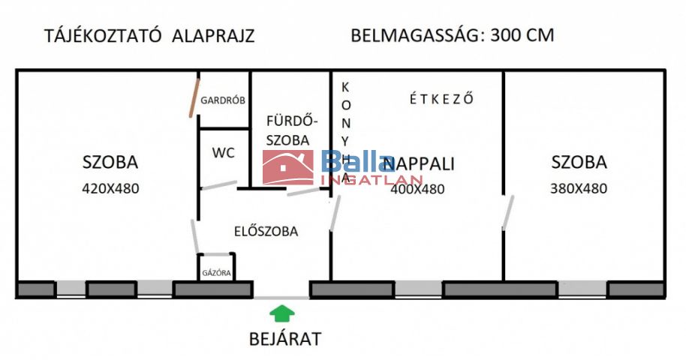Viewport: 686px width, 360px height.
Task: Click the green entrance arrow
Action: pos(281,313)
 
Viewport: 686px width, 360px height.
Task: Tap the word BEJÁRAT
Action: pos(284,339)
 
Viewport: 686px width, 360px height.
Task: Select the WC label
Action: pos(223,153)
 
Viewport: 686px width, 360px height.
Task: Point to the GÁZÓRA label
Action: pos(216,273)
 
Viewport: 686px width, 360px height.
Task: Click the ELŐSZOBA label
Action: pos(265,231)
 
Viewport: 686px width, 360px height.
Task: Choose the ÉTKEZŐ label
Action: pos(444,98)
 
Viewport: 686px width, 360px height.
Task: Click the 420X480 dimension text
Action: pos(110,189)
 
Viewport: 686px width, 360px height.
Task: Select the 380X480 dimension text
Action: pos(579,189)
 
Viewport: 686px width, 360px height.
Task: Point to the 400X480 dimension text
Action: pos(417,190)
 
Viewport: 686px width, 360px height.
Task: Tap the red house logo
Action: pos(287,167)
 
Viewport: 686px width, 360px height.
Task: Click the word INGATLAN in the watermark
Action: pos(372,181)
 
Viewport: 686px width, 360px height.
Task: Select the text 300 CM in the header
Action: pos(522,36)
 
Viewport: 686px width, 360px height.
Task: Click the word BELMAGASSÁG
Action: pos(416,36)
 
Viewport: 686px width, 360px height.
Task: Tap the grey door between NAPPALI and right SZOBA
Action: pos(508,212)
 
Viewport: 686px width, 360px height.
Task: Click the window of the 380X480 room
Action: pos(582,289)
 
